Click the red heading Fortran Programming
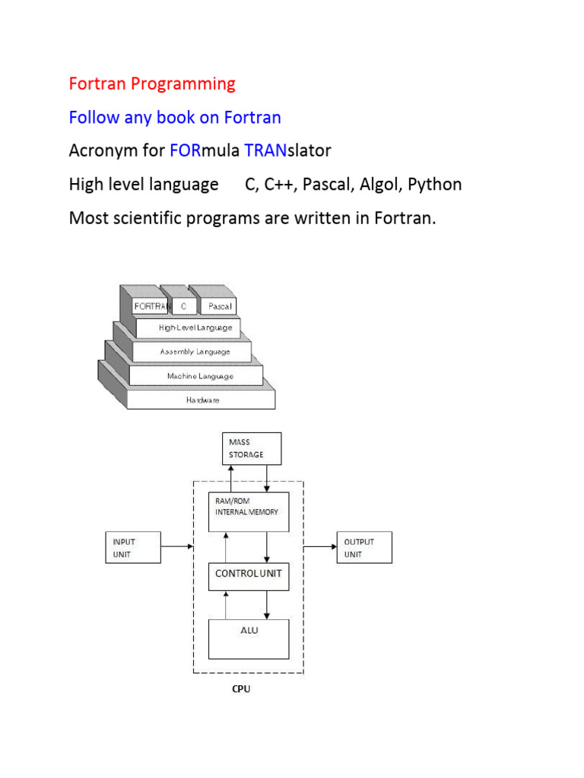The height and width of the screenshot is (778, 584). tap(152, 84)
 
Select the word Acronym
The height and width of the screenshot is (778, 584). tap(101, 150)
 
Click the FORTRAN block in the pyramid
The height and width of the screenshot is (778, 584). tap(151, 306)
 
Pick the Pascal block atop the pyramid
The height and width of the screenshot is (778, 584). tap(216, 306)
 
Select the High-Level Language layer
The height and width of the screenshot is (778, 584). tap(195, 328)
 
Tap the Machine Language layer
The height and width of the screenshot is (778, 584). tap(199, 375)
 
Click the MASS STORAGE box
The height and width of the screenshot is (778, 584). tap(252, 448)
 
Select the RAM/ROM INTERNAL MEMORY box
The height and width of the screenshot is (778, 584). tap(249, 511)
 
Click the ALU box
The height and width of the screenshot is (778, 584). tap(249, 638)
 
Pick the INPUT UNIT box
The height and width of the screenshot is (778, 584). tap(133, 547)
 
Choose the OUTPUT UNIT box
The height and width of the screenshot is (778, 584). tap(364, 547)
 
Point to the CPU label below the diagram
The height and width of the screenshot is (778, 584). tap(241, 690)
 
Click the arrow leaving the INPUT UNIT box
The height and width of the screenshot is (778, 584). tap(176, 546)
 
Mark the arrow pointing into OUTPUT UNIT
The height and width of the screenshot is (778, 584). tap(320, 546)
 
